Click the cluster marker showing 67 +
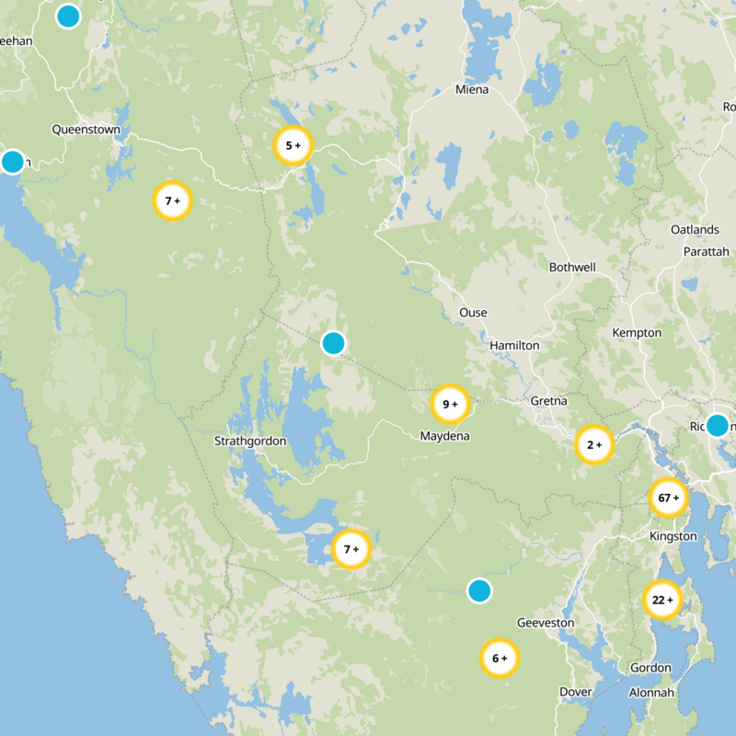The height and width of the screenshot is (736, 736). (668, 498)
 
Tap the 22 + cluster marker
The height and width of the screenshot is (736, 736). (661, 600)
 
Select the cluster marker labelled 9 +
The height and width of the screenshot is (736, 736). (450, 403)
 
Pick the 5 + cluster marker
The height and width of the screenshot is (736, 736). (293, 145)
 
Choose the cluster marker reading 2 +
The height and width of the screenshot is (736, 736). (593, 445)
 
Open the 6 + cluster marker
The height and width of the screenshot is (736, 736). (500, 658)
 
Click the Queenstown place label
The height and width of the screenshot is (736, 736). (86, 130)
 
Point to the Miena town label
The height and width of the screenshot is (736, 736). (473, 90)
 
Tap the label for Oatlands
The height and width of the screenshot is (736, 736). (695, 229)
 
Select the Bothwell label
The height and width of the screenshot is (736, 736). (572, 268)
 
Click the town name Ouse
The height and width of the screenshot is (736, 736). (473, 313)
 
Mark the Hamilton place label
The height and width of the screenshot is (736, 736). (514, 345)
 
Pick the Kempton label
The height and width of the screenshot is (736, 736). (637, 332)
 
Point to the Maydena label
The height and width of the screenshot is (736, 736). (444, 435)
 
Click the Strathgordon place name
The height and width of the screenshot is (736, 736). (250, 441)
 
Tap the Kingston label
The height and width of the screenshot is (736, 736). (668, 535)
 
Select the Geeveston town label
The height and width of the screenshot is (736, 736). (546, 623)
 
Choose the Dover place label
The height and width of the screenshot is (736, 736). (576, 691)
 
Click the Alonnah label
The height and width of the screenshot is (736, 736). (651, 692)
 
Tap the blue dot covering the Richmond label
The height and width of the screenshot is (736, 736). (717, 425)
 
